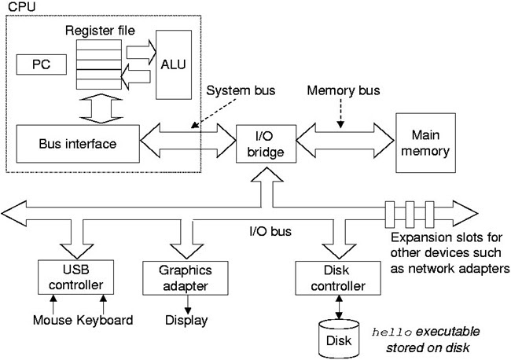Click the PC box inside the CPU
(42, 64)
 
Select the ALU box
(174, 64)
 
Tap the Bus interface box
(78, 144)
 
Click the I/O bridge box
(266, 144)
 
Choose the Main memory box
(425, 143)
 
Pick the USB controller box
(76, 277)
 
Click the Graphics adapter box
(186, 278)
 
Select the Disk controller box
(338, 278)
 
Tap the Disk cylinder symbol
(339, 339)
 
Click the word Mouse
(53, 320)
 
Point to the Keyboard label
(105, 320)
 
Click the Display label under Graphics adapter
(186, 320)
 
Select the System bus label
(241, 90)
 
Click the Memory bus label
(344, 90)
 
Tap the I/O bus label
(270, 231)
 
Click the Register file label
(100, 31)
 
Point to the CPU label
(22, 6)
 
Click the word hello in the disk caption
(392, 332)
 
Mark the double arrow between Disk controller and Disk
(339, 307)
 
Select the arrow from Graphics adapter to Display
(187, 305)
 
